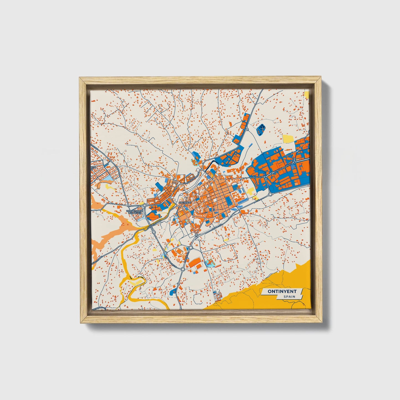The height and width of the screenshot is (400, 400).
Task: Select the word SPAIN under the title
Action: coord(289,297)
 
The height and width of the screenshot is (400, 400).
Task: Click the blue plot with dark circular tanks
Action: coord(260,129)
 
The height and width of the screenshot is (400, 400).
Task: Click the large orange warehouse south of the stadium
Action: coord(195,263)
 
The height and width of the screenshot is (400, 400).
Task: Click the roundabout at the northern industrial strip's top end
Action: coord(247,129)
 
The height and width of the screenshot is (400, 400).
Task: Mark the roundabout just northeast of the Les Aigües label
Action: coord(144,205)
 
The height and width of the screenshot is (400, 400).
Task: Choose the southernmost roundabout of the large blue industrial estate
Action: coord(270,194)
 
